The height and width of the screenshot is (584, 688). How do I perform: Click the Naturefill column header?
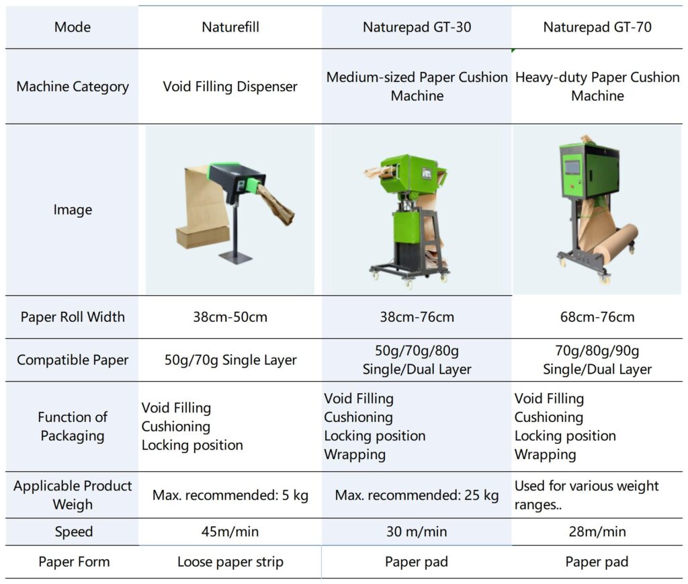pyautogui.click(x=230, y=28)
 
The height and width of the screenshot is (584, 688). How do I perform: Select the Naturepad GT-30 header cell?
pyautogui.click(x=417, y=28)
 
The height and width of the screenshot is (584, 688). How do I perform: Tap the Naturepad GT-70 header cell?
pyautogui.click(x=597, y=28)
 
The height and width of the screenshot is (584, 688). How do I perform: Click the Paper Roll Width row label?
pyautogui.click(x=73, y=317)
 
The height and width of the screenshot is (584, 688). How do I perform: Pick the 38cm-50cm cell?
pyautogui.click(x=230, y=317)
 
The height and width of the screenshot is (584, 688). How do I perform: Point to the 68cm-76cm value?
pyautogui.click(x=597, y=317)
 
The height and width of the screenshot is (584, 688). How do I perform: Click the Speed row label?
pyautogui.click(x=73, y=532)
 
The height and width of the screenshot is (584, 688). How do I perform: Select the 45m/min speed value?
pyautogui.click(x=230, y=532)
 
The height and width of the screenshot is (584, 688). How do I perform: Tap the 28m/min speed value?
pyautogui.click(x=597, y=532)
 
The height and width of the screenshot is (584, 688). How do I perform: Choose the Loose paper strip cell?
pyautogui.click(x=230, y=562)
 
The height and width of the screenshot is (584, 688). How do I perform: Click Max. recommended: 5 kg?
pyautogui.click(x=230, y=496)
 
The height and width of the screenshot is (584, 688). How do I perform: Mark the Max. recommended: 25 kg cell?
pyautogui.click(x=417, y=496)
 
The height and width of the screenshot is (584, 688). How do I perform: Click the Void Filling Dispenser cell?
pyautogui.click(x=230, y=87)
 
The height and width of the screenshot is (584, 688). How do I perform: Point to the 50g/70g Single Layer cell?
pyautogui.click(x=230, y=360)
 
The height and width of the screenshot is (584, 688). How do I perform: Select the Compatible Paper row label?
pyautogui.click(x=73, y=360)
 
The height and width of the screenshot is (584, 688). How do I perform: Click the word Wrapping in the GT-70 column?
pyautogui.click(x=545, y=455)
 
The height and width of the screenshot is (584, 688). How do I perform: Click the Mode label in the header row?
pyautogui.click(x=73, y=28)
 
